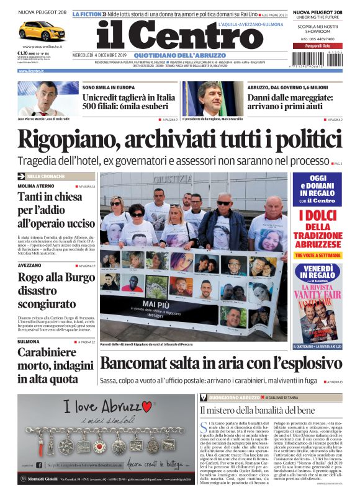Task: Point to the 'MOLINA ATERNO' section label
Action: point(35,186)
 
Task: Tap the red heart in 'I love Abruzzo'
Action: point(147,406)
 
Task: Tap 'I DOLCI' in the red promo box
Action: point(317,216)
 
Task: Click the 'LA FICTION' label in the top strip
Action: point(86,14)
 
